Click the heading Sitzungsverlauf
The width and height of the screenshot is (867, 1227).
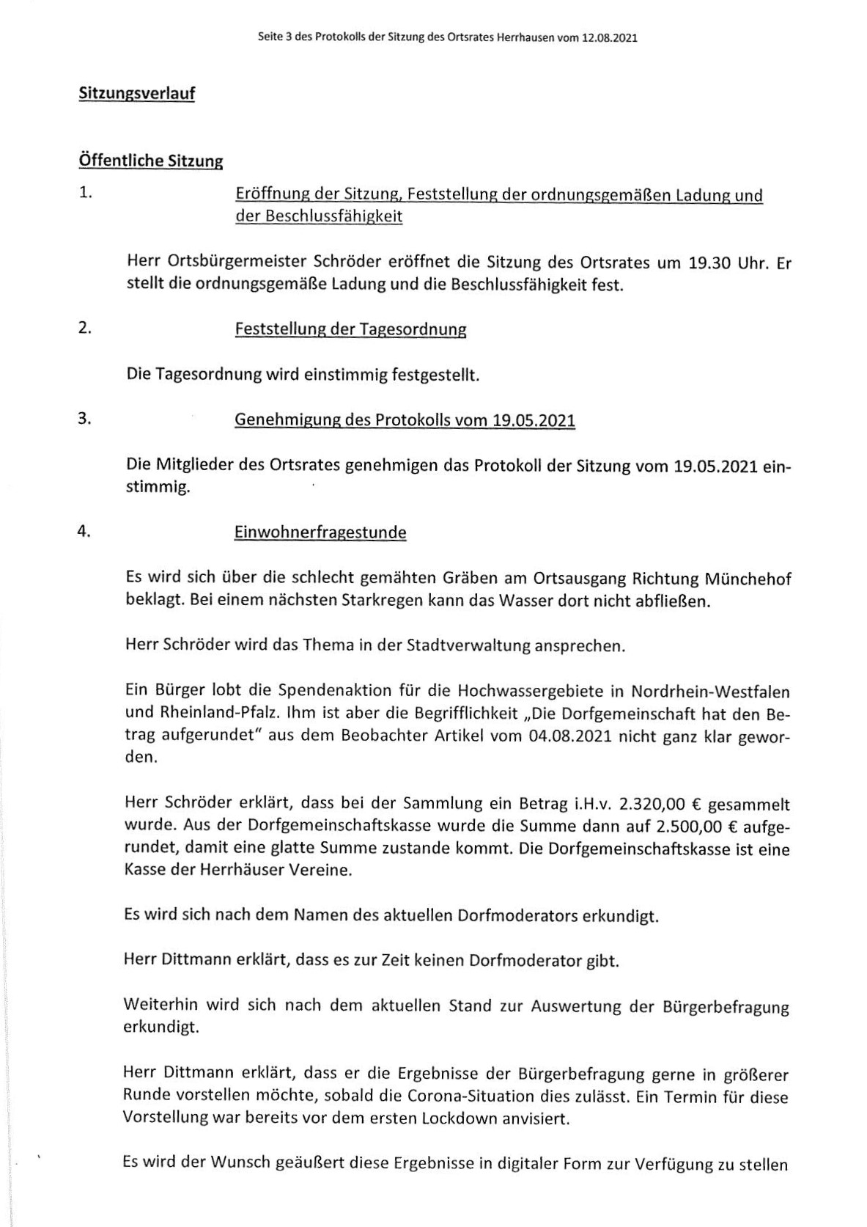[136, 94]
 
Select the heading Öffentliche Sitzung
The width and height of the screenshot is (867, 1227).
[150, 161]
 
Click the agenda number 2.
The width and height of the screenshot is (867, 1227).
[85, 328]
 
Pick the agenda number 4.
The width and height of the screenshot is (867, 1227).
[84, 532]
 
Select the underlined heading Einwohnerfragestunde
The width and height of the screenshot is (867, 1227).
[320, 532]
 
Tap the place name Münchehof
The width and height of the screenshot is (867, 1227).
[747, 579]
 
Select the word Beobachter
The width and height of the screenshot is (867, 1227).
[382, 736]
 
